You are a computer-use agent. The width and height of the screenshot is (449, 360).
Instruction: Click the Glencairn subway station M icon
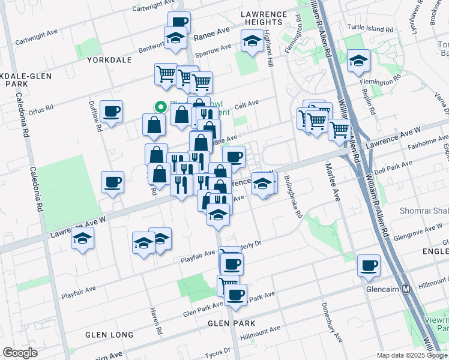click(406, 289)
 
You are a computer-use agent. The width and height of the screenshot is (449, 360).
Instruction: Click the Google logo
click(20, 352)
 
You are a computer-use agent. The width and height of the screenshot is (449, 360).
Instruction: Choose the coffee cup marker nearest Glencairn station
click(369, 265)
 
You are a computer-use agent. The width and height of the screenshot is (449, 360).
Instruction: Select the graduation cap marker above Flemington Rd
click(358, 61)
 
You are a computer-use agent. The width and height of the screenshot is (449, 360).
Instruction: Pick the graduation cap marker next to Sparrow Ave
click(252, 41)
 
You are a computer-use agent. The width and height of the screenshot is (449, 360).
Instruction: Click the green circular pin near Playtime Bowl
click(160, 107)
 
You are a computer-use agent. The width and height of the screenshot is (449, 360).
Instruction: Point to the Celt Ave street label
click(246, 104)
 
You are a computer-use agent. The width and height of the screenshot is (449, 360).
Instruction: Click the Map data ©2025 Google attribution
click(412, 355)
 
